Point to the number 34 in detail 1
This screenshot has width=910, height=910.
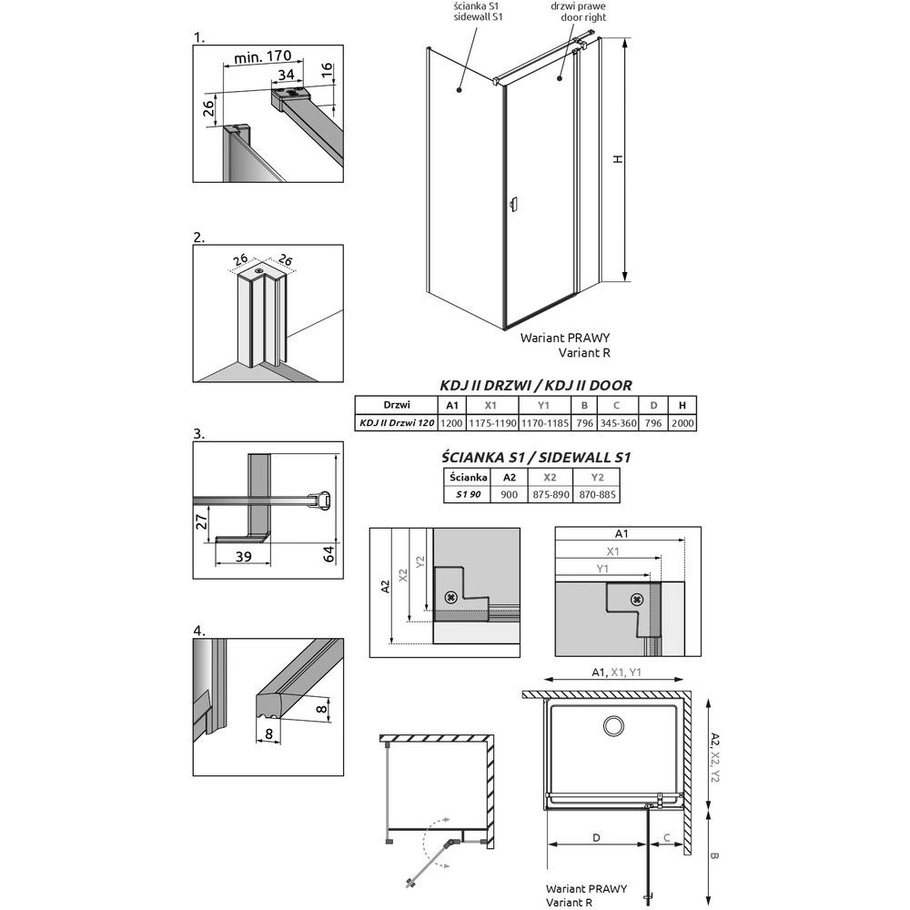click(286, 75)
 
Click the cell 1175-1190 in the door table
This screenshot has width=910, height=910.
click(491, 423)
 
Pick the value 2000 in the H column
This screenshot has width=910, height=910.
click(682, 423)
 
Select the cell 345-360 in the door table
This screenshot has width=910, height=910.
click(616, 423)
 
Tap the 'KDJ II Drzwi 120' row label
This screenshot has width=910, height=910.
click(394, 423)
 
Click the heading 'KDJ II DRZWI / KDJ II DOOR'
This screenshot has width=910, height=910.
click(535, 386)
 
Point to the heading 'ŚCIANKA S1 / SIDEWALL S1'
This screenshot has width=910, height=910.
click(535, 457)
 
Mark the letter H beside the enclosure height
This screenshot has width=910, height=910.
click(618, 159)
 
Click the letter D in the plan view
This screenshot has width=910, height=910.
click(595, 838)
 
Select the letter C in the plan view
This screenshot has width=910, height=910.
click(667, 838)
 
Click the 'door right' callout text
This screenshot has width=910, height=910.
click(578, 17)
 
